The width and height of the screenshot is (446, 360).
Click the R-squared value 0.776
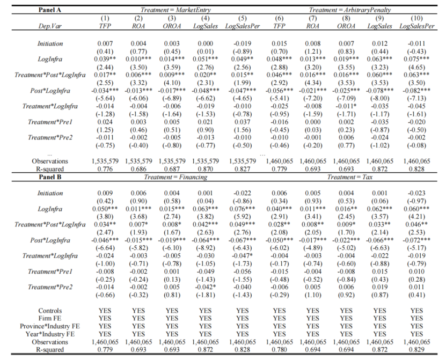coord(105,168)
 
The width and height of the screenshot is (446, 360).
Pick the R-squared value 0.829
coord(416,350)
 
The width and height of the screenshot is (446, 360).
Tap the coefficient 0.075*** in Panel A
coord(416,60)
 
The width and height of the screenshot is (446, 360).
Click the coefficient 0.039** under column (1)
coord(105,60)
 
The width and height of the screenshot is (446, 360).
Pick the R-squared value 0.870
coord(205,168)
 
